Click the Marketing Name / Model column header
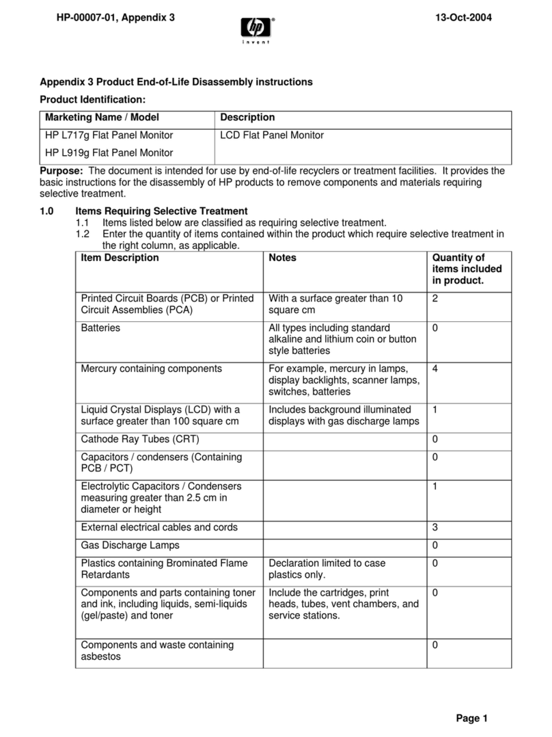click(x=102, y=118)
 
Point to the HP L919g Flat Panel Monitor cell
click(x=109, y=152)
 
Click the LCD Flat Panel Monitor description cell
click(x=272, y=135)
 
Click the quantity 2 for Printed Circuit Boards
click(x=435, y=299)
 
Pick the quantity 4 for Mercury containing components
click(x=435, y=368)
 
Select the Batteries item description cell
click(x=100, y=328)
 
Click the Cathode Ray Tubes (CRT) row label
click(x=140, y=439)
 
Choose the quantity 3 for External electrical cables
click(x=435, y=527)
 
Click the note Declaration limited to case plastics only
click(x=327, y=569)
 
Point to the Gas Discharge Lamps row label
click(x=130, y=546)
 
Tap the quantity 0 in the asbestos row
click(x=435, y=645)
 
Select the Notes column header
click(x=282, y=258)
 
